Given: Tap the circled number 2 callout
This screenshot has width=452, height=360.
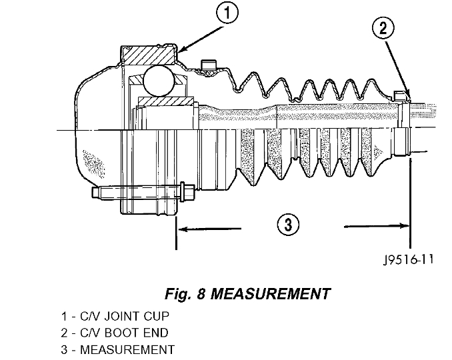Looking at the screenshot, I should [383, 28].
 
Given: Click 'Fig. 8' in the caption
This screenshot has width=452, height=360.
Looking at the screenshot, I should [183, 293].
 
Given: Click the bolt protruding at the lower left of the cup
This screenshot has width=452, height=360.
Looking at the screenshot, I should [143, 194].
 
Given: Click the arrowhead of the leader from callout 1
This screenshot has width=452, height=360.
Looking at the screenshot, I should [182, 50].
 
